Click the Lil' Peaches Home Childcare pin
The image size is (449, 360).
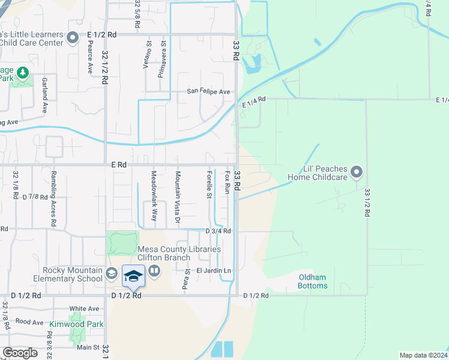[357, 173]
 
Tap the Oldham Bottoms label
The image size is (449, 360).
[313, 281]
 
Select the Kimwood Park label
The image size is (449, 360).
[85, 324]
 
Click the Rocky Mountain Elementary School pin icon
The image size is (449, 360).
[111, 274]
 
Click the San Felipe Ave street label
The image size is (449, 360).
[208, 92]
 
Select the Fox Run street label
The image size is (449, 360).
[228, 183]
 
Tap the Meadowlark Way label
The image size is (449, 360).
[154, 196]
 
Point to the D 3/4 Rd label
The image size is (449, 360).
[218, 231]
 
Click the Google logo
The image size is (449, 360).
[20, 353]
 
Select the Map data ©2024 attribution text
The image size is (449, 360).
[423, 355]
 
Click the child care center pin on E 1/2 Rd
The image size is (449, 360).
[73, 38]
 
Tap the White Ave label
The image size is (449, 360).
[84, 308]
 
